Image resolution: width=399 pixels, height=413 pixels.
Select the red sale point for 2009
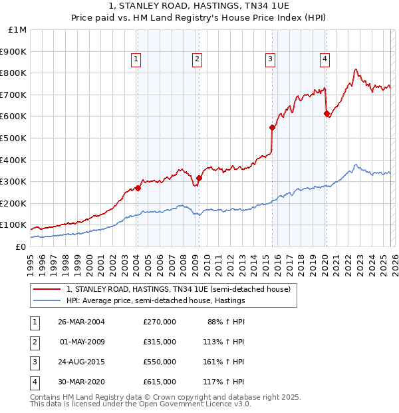pos(199,178)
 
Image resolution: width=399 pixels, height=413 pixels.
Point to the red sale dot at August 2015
pos(272,127)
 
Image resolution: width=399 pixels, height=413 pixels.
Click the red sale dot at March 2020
pos(327,113)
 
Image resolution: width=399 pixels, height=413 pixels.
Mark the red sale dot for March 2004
pos(138,188)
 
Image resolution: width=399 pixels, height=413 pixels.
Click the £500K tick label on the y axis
pos(13,138)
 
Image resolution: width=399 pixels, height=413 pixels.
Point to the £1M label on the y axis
pos(17,29)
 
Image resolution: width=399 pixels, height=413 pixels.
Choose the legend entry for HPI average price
pos(156,301)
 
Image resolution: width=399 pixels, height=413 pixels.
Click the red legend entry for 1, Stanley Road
pos(178,290)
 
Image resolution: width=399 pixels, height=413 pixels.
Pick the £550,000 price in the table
pos(160,362)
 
